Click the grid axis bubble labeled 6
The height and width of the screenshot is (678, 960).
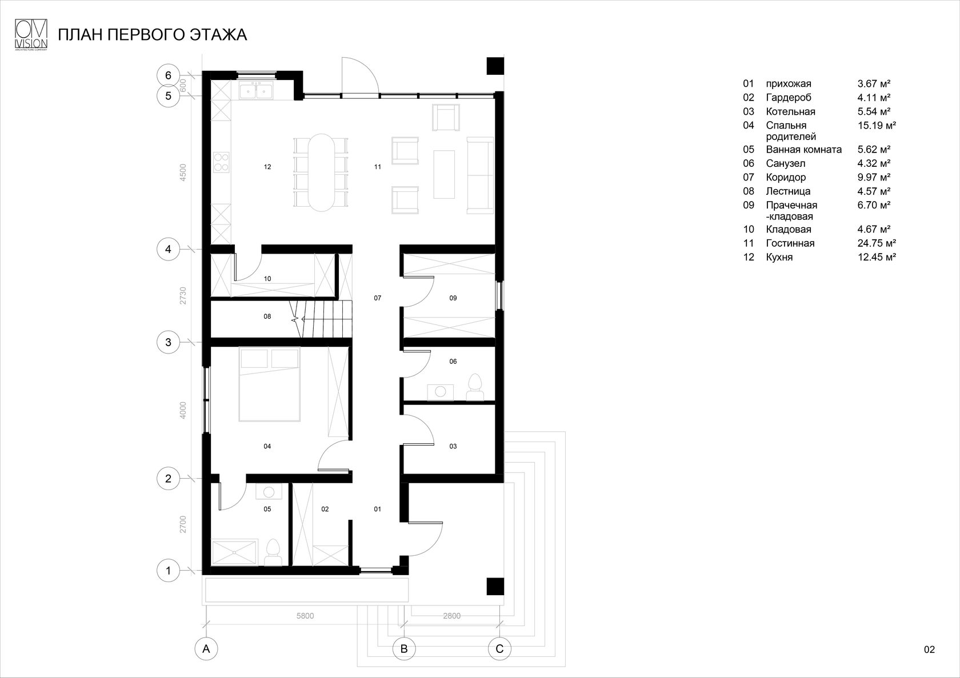168,75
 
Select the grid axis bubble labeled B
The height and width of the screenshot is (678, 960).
404,649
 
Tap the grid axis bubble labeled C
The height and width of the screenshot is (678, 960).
499,649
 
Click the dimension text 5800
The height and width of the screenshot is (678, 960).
306,616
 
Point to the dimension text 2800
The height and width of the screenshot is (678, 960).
451,616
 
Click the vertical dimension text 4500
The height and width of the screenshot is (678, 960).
183,173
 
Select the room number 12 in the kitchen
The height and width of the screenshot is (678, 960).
267,167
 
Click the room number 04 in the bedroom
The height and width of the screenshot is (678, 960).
267,447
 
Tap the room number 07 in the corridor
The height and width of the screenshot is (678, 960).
377,298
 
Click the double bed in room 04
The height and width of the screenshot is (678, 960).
270,384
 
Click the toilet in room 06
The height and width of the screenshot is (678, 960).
475,387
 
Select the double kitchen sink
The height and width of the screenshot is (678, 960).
255,91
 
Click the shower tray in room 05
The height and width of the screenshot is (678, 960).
235,552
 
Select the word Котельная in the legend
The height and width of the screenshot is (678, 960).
790,111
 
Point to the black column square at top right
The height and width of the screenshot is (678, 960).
495,66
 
